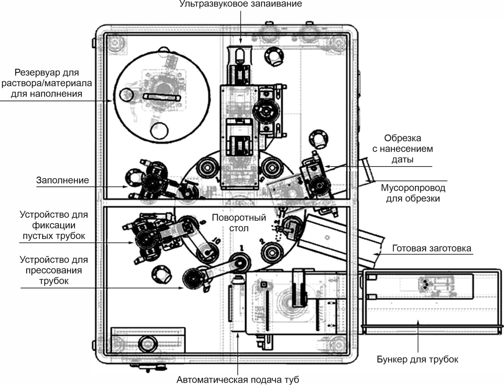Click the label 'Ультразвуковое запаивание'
pos(240,4)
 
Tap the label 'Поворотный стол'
pos(239,223)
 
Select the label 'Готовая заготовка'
pos(431,248)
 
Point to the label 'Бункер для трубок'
pos(417,359)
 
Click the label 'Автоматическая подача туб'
pos(238,380)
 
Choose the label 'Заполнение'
pos(62,180)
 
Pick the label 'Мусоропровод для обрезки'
pos(413,193)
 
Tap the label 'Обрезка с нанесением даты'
pos(402,149)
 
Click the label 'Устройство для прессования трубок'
pos(54,270)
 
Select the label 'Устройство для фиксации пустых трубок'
pos(54,225)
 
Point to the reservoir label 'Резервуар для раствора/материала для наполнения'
pos(47,83)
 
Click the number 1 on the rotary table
pos(242,247)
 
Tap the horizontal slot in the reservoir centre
pos(162,97)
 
